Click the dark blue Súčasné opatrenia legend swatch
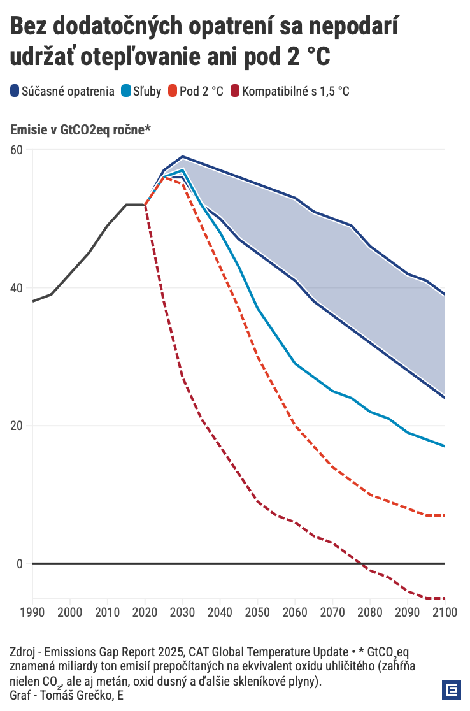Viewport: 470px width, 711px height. (15, 91)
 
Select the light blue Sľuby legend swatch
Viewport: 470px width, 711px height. (126, 91)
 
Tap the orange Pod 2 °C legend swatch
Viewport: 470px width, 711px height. (172, 91)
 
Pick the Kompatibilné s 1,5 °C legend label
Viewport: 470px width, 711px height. (296, 91)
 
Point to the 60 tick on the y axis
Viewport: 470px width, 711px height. (17, 150)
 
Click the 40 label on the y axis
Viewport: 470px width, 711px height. (17, 288)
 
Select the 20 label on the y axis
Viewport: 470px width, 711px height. (17, 426)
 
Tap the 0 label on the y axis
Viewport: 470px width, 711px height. (20, 564)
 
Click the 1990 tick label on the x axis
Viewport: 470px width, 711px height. (32, 612)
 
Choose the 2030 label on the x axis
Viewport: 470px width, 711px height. (183, 612)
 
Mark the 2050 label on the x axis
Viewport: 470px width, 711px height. (258, 612)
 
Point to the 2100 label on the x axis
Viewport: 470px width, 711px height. (445, 612)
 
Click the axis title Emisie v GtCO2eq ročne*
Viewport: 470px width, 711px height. (80, 130)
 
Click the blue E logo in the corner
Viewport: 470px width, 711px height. (452, 690)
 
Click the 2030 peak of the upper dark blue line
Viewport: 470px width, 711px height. (183, 156)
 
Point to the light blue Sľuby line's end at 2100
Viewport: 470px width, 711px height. (445, 446)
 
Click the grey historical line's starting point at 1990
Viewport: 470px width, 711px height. (32, 301)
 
